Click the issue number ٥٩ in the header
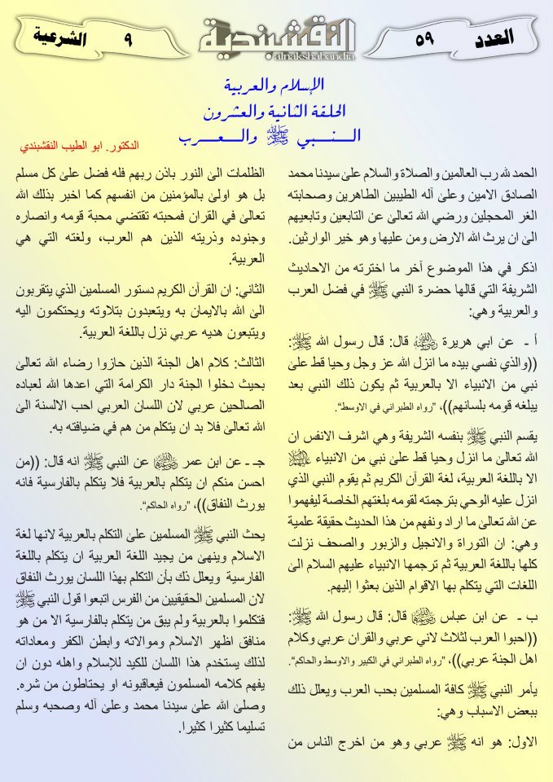[428, 37]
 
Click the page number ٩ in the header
[128, 37]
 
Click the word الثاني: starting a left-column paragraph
[245, 289]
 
